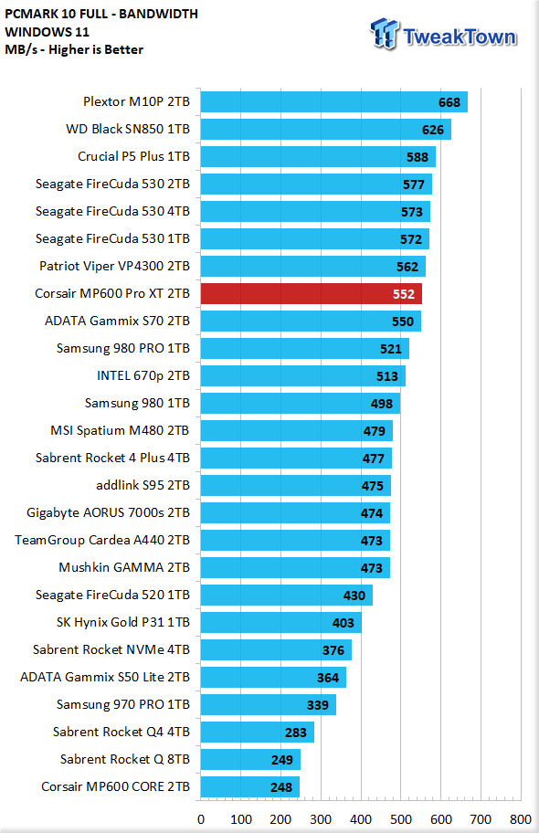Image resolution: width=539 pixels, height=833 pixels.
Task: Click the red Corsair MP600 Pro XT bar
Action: (311, 294)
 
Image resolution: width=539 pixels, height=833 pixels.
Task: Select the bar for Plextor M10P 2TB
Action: (333, 102)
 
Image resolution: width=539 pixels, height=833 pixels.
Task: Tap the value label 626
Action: (433, 130)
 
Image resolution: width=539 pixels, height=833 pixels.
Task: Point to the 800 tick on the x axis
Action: (521, 819)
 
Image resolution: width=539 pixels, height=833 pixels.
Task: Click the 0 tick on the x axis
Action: (201, 819)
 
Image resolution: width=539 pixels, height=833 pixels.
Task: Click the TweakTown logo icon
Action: (384, 34)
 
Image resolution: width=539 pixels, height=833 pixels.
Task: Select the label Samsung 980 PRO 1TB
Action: (122, 348)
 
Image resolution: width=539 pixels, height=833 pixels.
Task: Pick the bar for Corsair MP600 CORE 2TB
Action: (249, 786)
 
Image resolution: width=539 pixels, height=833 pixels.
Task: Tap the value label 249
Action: (281, 760)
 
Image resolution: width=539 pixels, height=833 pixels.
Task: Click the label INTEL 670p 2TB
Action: (143, 375)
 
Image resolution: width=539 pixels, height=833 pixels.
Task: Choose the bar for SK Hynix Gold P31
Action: (281, 623)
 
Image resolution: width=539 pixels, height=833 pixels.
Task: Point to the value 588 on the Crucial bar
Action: (417, 157)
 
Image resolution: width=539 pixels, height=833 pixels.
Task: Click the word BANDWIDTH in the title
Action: (158, 14)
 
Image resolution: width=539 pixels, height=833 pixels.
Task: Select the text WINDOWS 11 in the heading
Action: (47, 32)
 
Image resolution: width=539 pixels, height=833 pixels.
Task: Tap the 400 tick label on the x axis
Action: (361, 819)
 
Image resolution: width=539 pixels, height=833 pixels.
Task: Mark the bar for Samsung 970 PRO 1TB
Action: (269, 705)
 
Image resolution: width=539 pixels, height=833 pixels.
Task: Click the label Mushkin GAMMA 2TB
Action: (124, 567)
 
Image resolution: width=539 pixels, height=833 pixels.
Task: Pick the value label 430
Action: (354, 596)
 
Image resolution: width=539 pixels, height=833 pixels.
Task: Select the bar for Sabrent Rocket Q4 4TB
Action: (258, 732)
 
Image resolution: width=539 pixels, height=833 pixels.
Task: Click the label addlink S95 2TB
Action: (143, 485)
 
